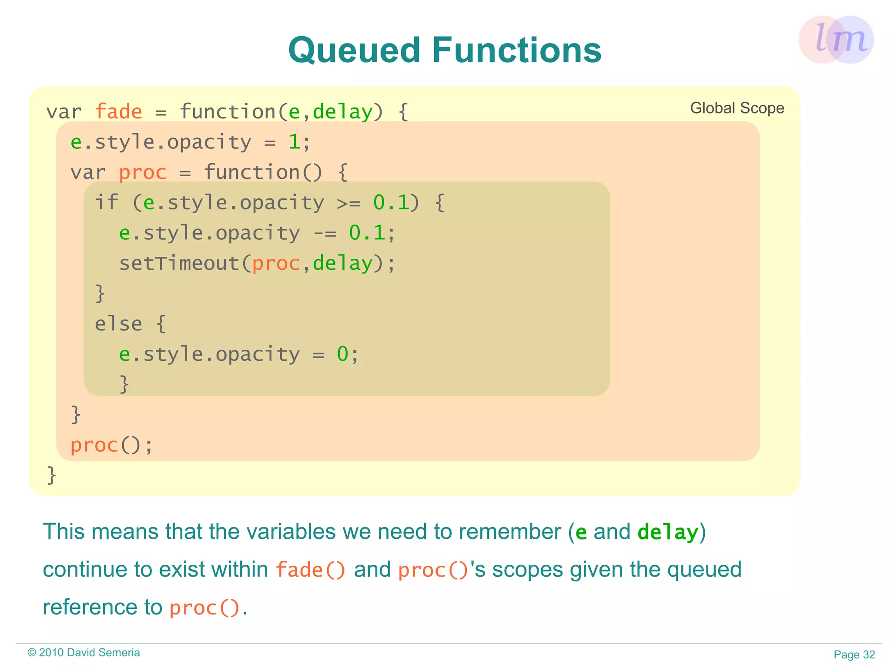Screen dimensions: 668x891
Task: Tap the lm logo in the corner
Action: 836,39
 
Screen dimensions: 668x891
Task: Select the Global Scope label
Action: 737,108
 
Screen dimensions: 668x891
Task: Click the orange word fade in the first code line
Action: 118,111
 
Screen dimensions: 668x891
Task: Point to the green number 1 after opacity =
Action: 294,142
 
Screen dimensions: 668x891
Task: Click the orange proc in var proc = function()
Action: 143,172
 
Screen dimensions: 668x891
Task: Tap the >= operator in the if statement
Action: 348,203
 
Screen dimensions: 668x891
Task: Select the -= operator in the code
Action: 325,233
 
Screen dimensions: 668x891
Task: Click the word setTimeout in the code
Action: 179,263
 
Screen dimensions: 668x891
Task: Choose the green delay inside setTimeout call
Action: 342,263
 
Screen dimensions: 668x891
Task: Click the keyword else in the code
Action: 118,324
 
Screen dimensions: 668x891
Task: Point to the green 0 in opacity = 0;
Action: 342,354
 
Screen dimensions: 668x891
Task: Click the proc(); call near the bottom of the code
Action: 111,445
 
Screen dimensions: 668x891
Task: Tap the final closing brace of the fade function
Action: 51,475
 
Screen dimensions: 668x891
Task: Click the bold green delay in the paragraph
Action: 667,532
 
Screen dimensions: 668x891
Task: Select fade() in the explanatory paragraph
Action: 311,570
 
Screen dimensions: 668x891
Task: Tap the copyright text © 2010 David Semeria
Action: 84,652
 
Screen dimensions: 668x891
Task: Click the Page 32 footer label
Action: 854,655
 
